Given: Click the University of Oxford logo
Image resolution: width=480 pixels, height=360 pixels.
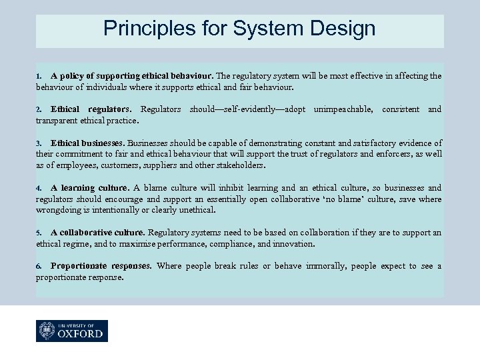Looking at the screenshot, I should point(72,331).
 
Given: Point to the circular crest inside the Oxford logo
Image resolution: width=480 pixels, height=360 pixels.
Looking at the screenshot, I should point(47,331).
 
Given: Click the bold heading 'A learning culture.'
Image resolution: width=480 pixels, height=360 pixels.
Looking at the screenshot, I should point(91,188).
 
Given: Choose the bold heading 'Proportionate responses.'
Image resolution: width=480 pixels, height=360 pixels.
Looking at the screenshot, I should point(101,266).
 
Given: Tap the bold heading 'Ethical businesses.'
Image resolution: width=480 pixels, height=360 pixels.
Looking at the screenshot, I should point(87,143).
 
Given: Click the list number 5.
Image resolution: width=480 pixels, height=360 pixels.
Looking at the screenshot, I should point(39,233).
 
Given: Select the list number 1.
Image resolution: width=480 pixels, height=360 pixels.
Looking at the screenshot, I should point(39,76).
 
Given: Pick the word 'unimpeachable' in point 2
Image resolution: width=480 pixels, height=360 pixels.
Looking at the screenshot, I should point(343,109).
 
